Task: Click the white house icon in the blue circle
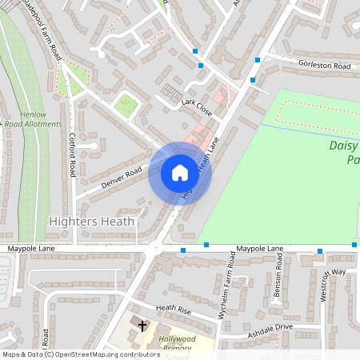pyautogui.click(x=179, y=173)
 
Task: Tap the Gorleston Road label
pyautogui.click(x=324, y=65)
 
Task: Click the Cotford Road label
pyautogui.click(x=73, y=154)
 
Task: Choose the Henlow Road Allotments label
pyautogui.click(x=33, y=119)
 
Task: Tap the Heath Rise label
pyautogui.click(x=174, y=309)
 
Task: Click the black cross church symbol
pyautogui.click(x=143, y=326)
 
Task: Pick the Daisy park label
pyautogui.click(x=345, y=153)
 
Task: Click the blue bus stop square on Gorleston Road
pyautogui.click(x=257, y=60)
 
